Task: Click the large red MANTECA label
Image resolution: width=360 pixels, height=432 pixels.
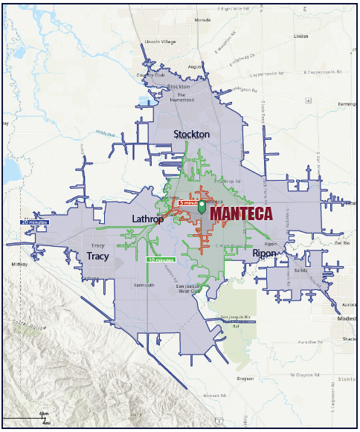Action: tap(241, 213)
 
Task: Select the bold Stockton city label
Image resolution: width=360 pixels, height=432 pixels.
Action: tap(191, 134)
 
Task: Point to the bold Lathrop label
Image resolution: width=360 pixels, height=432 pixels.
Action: tap(147, 219)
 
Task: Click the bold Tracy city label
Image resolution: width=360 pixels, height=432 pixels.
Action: tap(97, 256)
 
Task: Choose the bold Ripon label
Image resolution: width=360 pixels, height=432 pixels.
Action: tap(264, 254)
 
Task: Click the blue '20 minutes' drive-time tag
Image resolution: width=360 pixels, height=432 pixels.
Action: tap(35, 222)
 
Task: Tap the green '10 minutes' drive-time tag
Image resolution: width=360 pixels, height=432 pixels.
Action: tap(160, 260)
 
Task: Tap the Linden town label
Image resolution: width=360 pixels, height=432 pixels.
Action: tap(301, 35)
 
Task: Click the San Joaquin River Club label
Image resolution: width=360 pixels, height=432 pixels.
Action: tap(187, 290)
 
